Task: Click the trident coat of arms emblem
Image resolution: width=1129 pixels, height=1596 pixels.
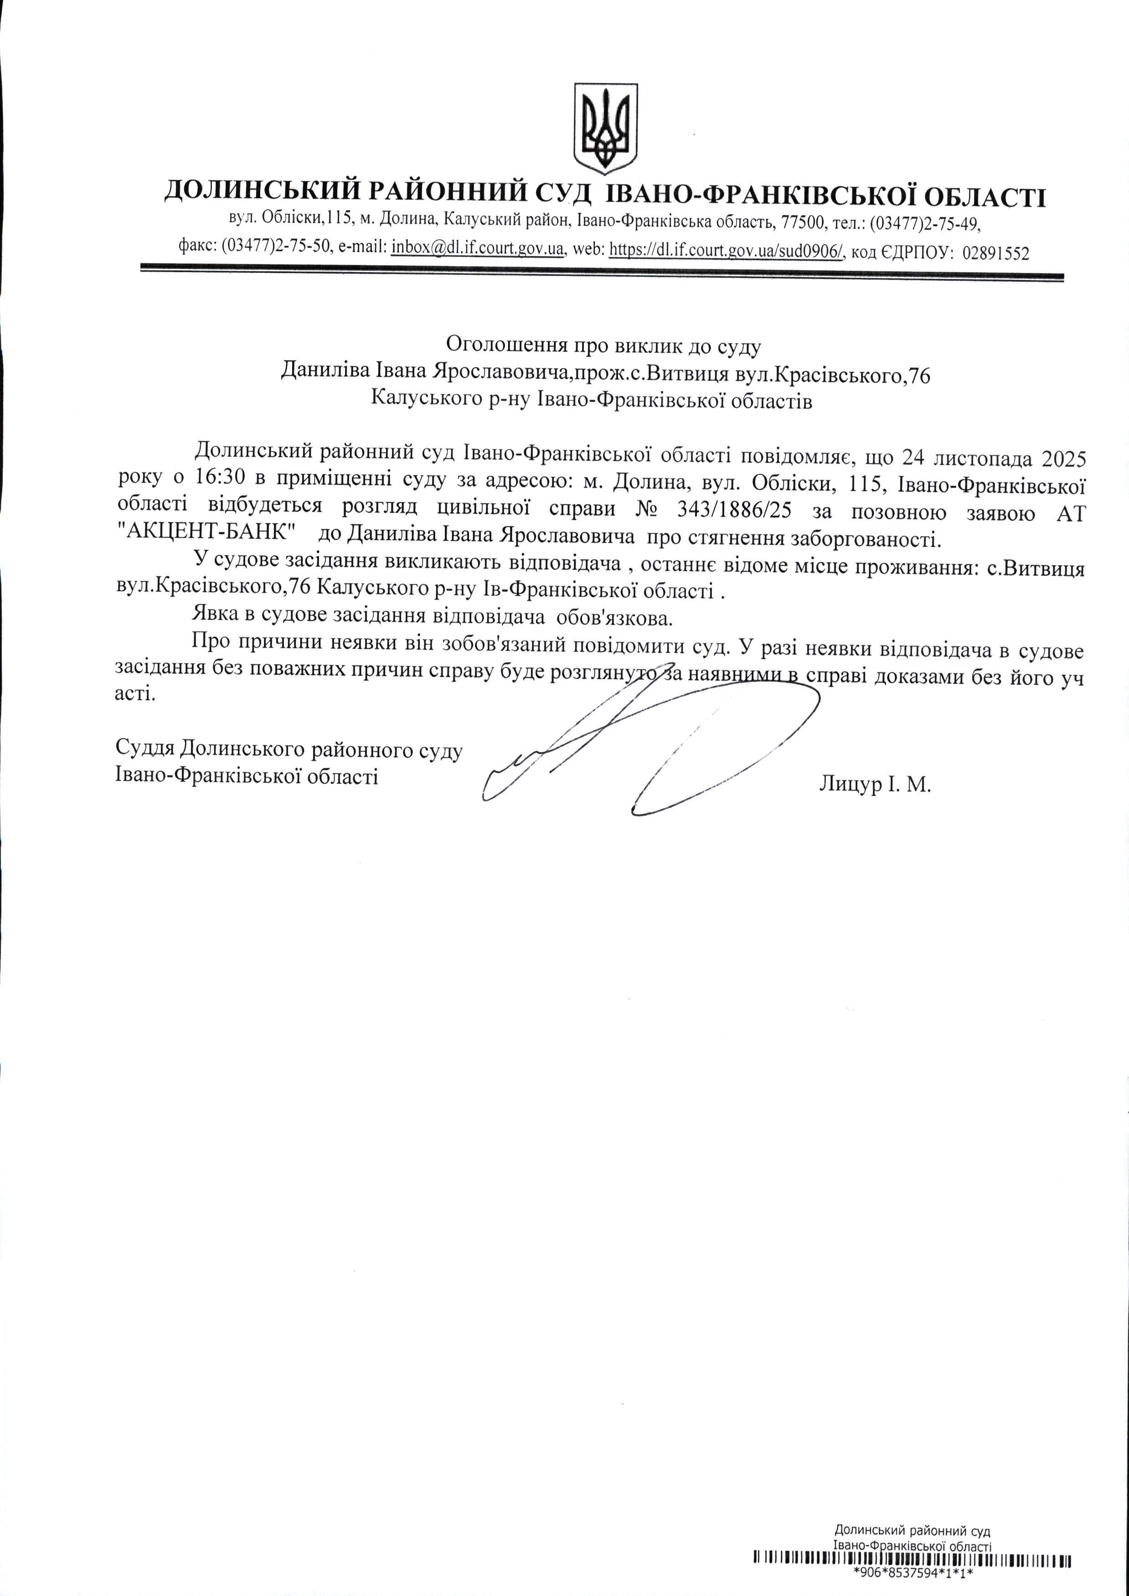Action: click(605, 129)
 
